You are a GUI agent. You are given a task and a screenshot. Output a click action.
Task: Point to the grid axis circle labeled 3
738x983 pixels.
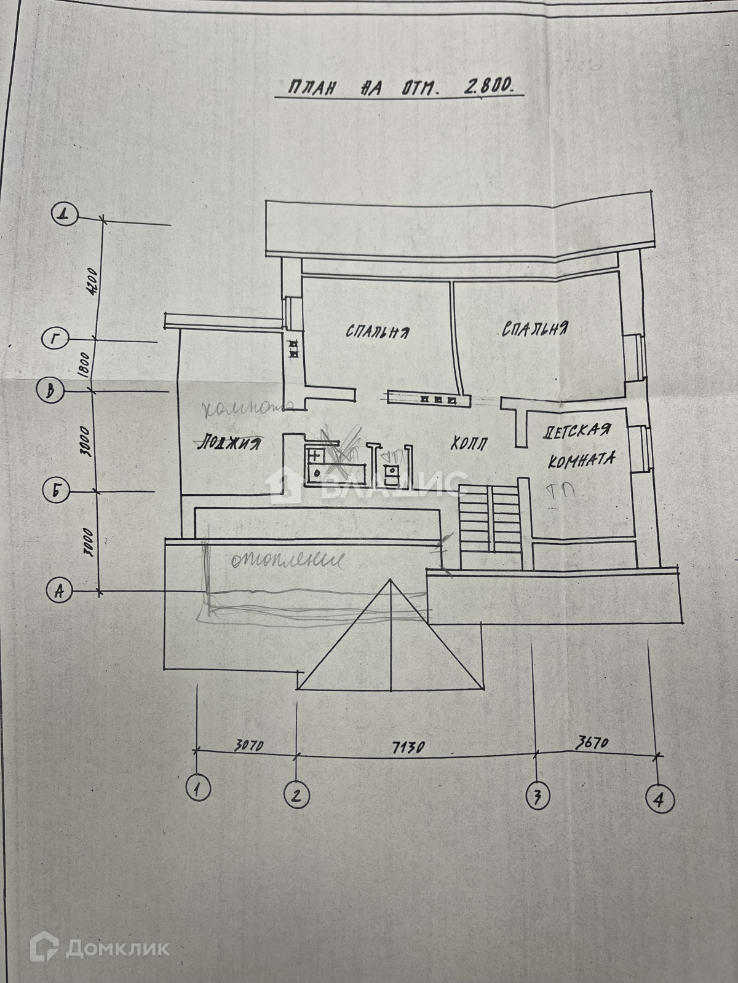point(537,797)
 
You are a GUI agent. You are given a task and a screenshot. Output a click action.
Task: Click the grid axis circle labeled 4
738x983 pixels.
point(659,799)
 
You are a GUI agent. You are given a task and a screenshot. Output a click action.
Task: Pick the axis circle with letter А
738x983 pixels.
point(60,591)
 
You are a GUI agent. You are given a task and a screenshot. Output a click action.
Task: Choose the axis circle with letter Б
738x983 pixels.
point(56,490)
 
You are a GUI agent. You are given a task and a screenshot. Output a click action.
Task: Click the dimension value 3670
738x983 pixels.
point(592,742)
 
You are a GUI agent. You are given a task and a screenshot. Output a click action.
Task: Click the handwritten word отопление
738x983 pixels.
point(285,560)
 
